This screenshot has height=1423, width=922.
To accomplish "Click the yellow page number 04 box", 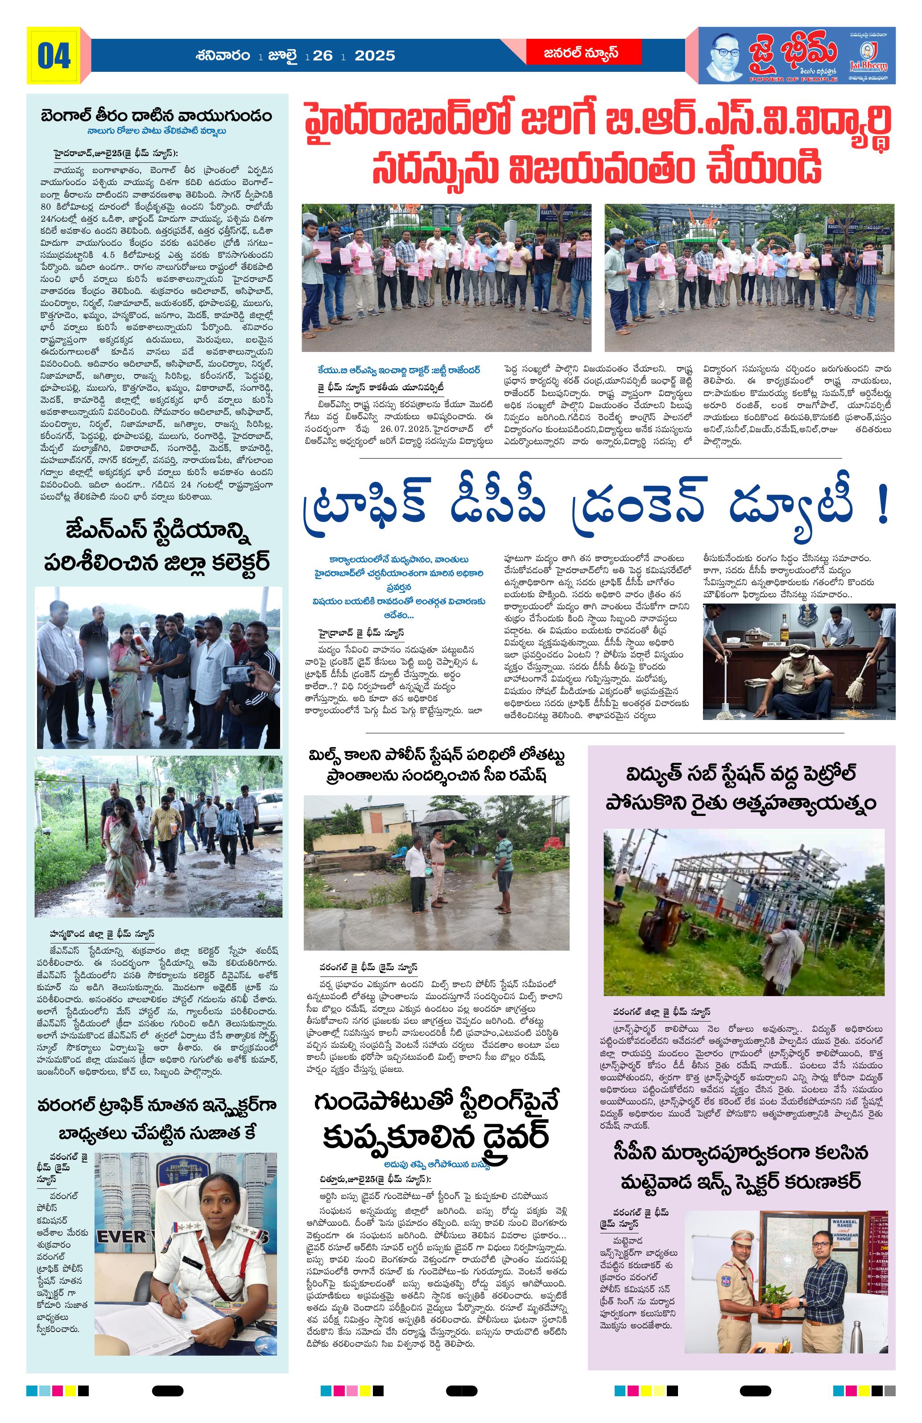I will pos(53,56).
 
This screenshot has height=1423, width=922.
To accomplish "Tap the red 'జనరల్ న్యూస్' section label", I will pos(581,53).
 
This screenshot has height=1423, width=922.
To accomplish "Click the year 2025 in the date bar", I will pos(374,56).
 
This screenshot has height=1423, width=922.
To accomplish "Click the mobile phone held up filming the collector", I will pos(237,674).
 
